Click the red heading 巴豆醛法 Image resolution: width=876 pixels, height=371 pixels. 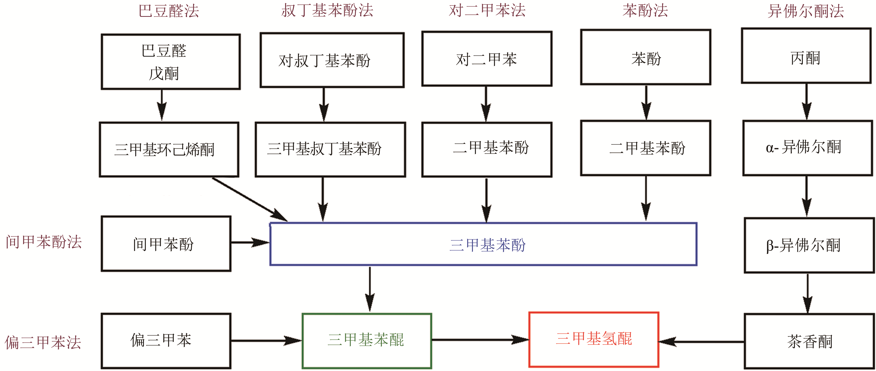tap(169, 11)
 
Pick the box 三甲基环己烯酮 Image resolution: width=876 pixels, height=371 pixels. tap(169, 150)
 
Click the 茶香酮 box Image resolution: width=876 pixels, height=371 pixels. tap(809, 341)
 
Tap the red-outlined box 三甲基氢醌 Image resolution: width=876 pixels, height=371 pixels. tap(594, 339)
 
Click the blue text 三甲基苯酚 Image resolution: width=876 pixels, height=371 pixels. tap(487, 245)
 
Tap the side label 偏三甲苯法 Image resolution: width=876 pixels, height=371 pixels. tap(43, 342)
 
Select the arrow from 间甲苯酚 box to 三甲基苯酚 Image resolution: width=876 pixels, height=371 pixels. tap(250, 242)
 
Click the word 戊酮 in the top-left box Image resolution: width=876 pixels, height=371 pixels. tap(164, 73)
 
